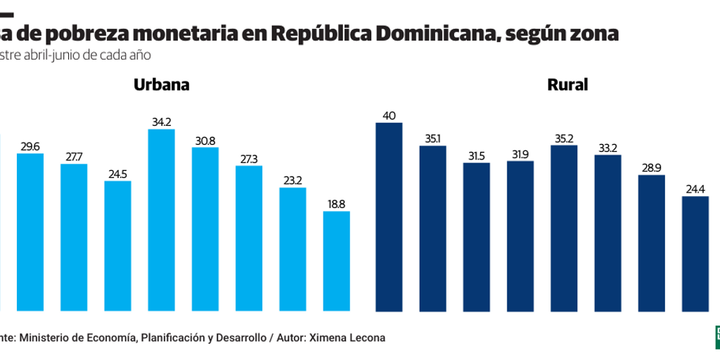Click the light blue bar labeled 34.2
click(x=161, y=220)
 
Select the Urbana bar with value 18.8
click(x=336, y=261)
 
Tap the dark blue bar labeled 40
click(x=389, y=217)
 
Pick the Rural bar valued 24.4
click(x=695, y=253)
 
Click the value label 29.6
click(x=30, y=146)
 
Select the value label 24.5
click(x=117, y=174)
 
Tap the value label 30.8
click(x=205, y=141)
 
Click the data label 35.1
click(x=432, y=139)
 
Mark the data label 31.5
click(x=476, y=156)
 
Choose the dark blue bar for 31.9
click(x=520, y=236)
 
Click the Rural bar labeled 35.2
click(x=564, y=228)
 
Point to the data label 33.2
click(x=607, y=148)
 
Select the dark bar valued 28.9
click(x=651, y=243)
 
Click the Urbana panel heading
click(x=162, y=85)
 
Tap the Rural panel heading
click(x=567, y=85)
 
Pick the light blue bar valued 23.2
click(x=292, y=249)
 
